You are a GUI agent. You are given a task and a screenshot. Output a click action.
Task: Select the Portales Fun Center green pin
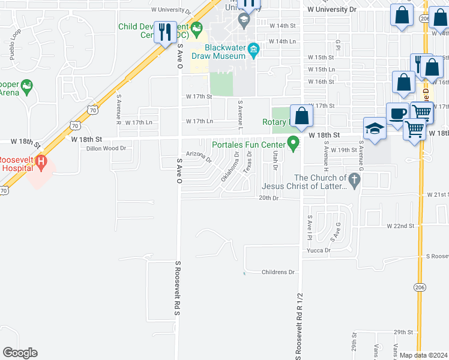coord(294,143)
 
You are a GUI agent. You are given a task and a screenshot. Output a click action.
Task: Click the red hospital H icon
coord(41,161)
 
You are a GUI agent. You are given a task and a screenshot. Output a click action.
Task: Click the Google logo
coord(20,353)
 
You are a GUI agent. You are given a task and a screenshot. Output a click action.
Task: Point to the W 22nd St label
coord(401,226)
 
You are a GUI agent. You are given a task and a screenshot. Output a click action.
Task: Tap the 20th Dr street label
coord(270,198)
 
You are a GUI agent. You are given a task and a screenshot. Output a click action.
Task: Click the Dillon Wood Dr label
coord(106,148)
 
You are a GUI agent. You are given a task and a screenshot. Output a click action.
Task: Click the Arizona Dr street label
coord(199,157)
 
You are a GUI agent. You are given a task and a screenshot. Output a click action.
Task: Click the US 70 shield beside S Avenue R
coord(92,110)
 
